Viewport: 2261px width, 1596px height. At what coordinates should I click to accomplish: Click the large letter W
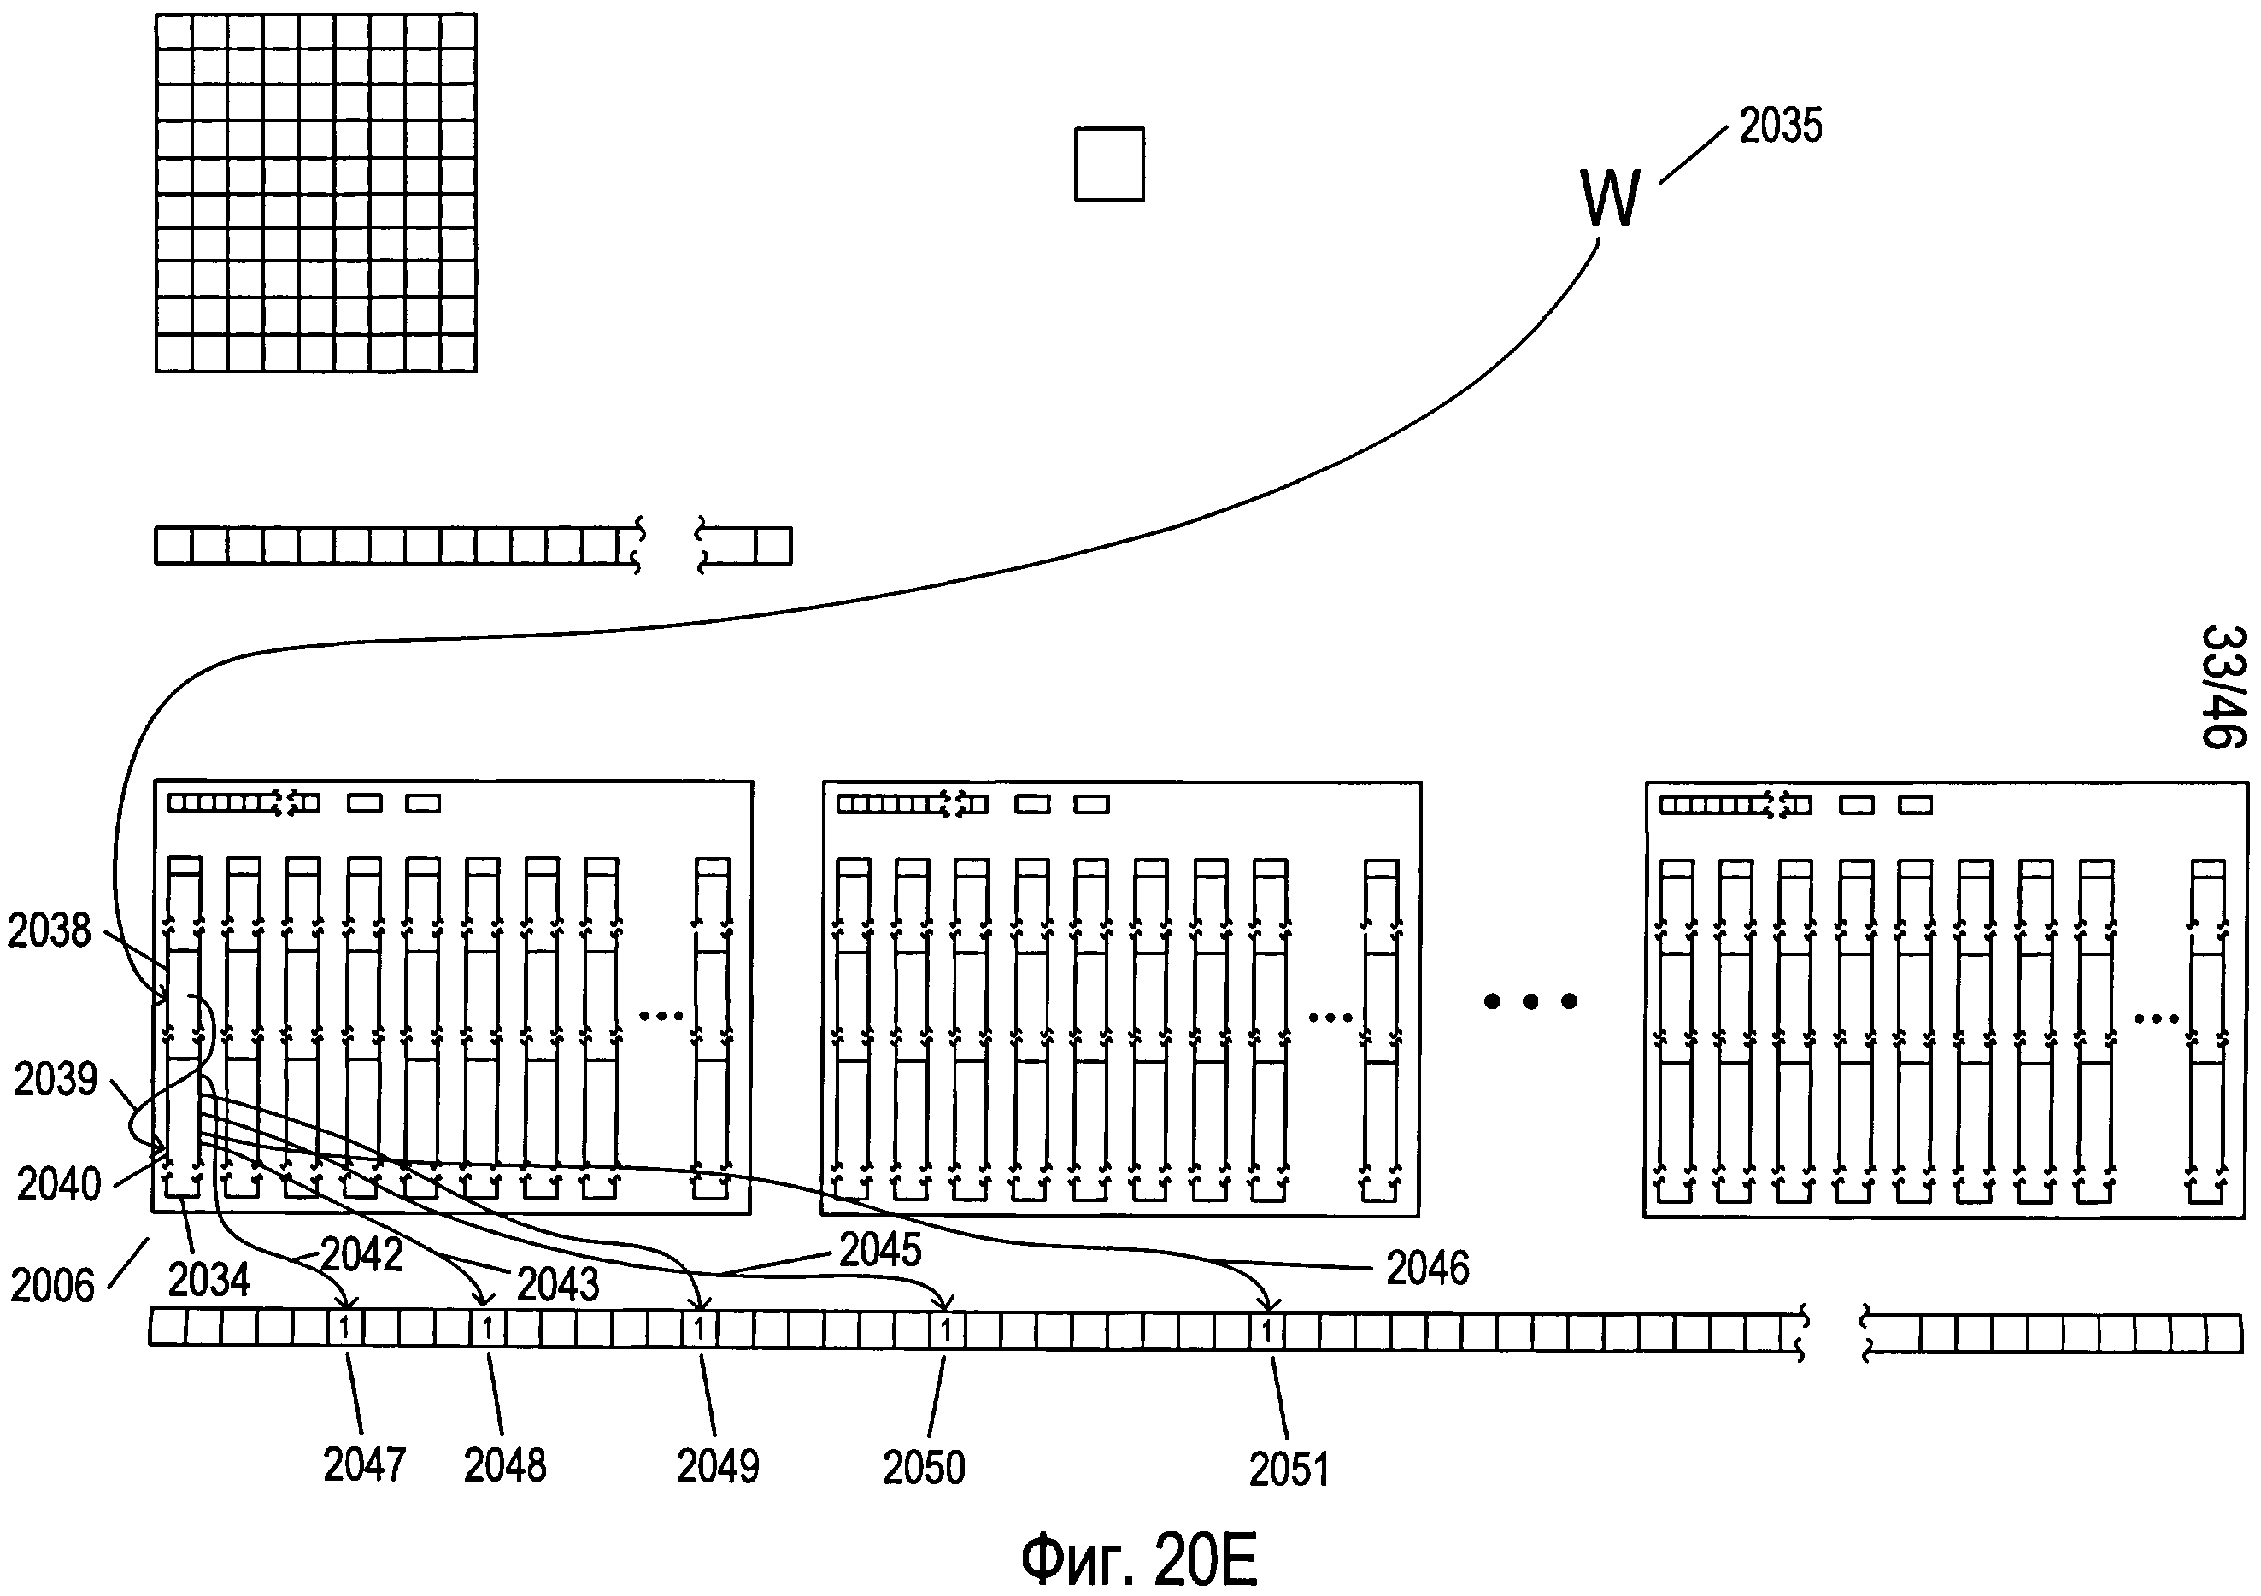[1610, 198]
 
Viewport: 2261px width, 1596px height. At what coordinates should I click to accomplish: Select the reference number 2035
[1781, 126]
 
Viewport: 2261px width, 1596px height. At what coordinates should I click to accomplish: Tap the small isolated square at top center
[1109, 164]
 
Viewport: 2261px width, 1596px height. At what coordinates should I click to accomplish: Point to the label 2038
[50, 930]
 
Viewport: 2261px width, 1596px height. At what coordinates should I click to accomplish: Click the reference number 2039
[56, 1080]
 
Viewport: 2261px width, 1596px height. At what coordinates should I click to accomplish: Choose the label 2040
[59, 1183]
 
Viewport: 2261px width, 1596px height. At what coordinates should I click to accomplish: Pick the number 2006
[52, 1286]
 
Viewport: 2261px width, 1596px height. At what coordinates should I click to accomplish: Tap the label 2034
[208, 1280]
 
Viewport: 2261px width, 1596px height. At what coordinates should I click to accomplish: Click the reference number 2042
[362, 1255]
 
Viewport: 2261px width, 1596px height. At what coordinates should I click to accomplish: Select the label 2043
[557, 1284]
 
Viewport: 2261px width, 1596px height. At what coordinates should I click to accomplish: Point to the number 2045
[879, 1251]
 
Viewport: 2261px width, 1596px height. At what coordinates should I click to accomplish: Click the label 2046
[1427, 1268]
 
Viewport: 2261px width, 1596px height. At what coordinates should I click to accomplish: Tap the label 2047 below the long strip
[364, 1465]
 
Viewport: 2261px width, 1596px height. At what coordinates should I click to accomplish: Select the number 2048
[504, 1466]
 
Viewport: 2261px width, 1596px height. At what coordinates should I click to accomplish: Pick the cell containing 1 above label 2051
[1266, 1332]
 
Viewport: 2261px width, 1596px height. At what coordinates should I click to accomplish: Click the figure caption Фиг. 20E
[1138, 1559]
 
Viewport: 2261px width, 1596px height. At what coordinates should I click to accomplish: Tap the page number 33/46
[2223, 686]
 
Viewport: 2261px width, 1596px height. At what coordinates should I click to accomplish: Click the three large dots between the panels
[1530, 1001]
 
